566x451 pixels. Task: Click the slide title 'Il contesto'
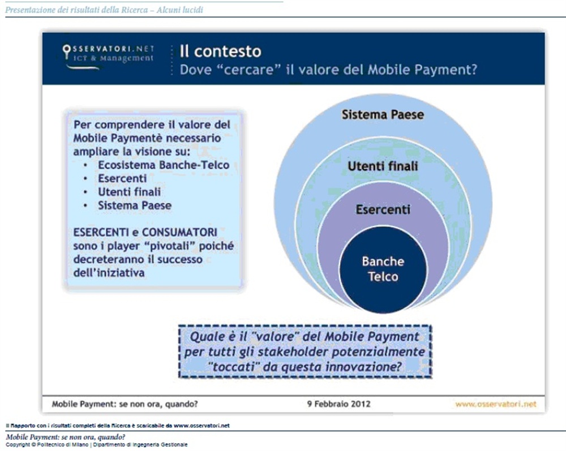coord(220,51)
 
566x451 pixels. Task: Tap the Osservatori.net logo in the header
coord(108,55)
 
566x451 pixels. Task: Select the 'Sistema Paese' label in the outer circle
coord(383,115)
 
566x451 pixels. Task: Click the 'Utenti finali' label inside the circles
coord(383,166)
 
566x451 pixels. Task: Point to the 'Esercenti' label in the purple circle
coord(383,210)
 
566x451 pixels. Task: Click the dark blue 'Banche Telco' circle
coord(383,269)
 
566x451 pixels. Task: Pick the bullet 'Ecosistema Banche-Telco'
coord(164,165)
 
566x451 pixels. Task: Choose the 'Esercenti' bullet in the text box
coord(122,179)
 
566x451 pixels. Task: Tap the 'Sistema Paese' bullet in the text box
coord(134,205)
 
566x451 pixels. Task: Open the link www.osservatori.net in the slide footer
coord(495,404)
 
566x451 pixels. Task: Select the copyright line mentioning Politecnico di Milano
coord(96,445)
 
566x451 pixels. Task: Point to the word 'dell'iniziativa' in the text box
coord(109,273)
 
